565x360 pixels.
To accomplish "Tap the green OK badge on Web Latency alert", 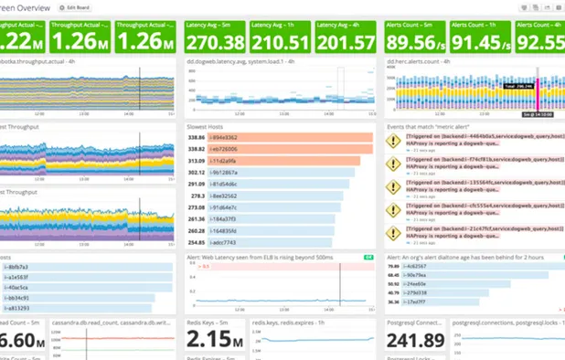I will [367, 258].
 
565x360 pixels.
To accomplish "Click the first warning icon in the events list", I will [393, 142].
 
